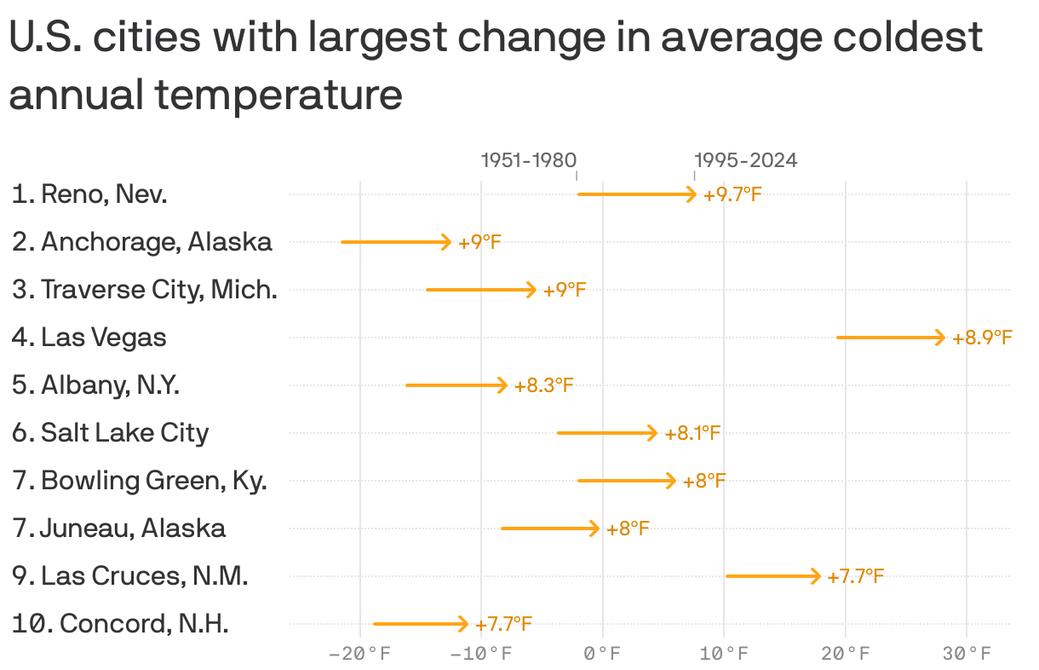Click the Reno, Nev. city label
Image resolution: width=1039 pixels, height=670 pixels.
click(x=89, y=194)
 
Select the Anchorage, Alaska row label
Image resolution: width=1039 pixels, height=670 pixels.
click(x=142, y=242)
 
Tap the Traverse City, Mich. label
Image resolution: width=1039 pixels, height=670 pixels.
click(x=145, y=290)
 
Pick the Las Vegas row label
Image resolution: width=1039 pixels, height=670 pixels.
click(x=89, y=338)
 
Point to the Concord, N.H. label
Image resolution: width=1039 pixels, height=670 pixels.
click(x=120, y=624)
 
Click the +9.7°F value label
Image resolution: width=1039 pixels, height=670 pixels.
click(x=732, y=195)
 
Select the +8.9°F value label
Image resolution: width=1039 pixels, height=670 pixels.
click(x=982, y=338)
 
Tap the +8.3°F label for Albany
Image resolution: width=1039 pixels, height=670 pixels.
click(x=543, y=386)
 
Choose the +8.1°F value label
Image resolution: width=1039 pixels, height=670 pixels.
click(x=692, y=434)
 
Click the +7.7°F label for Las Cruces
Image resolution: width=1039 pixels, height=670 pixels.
click(x=855, y=577)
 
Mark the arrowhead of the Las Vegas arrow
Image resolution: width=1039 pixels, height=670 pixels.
click(x=940, y=338)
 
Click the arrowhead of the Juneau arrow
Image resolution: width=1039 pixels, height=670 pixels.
click(x=594, y=528)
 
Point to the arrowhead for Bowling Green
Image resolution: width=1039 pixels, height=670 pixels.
click(x=671, y=481)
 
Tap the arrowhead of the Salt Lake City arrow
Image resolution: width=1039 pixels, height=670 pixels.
click(x=652, y=433)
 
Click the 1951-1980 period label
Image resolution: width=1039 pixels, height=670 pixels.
click(x=528, y=160)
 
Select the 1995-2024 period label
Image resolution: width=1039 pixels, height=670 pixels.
click(x=746, y=160)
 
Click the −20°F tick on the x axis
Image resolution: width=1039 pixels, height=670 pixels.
click(x=360, y=654)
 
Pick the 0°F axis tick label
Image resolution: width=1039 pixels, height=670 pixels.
click(x=603, y=654)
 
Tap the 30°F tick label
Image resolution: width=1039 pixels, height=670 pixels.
click(x=967, y=654)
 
